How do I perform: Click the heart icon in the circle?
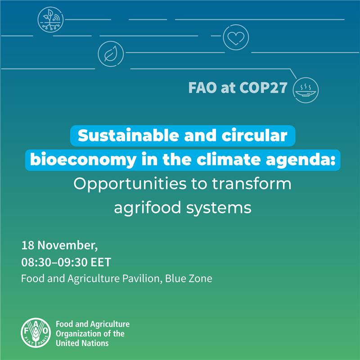point(236,37)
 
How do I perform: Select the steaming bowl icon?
point(306,88)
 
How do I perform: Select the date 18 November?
point(59,246)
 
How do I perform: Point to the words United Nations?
point(82,343)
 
